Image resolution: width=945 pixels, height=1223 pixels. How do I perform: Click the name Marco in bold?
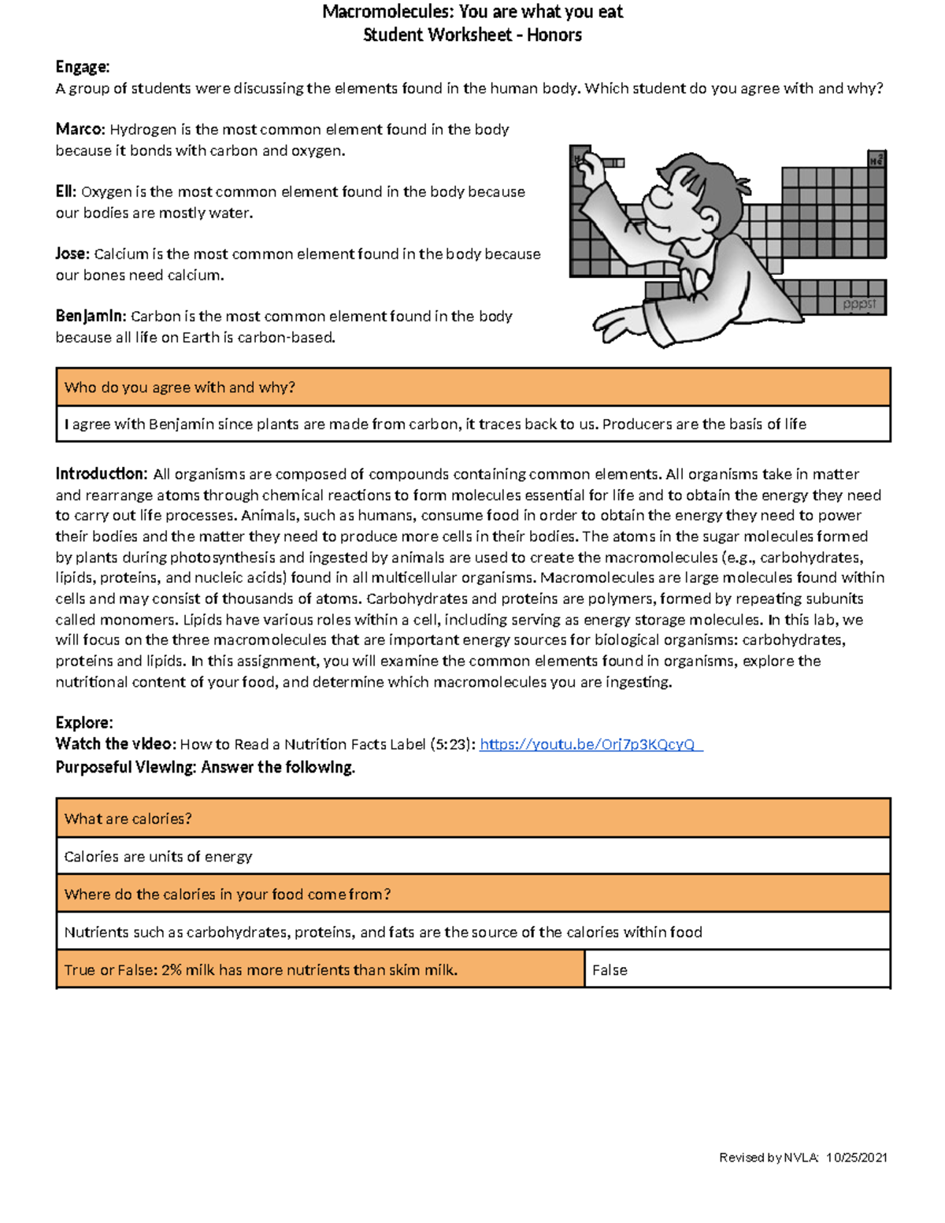pyautogui.click(x=80, y=129)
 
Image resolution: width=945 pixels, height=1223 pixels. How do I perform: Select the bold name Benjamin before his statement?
pyautogui.click(x=90, y=316)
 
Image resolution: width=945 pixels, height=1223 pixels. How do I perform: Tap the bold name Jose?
pyautogui.click(x=72, y=254)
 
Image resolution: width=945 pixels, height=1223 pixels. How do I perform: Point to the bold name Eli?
pyautogui.click(x=65, y=191)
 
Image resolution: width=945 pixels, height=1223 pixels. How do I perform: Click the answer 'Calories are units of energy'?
pyautogui.click(x=158, y=857)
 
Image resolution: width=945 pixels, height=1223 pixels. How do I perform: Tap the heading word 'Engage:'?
pyautogui.click(x=82, y=67)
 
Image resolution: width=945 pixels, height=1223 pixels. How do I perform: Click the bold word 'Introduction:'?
pyautogui.click(x=101, y=474)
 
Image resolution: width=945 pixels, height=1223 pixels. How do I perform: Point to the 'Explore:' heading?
pyautogui.click(x=83, y=723)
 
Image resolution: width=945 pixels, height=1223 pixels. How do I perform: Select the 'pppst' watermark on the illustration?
pyautogui.click(x=859, y=304)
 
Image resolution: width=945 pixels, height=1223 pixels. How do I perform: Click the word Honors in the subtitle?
pyautogui.click(x=554, y=35)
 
